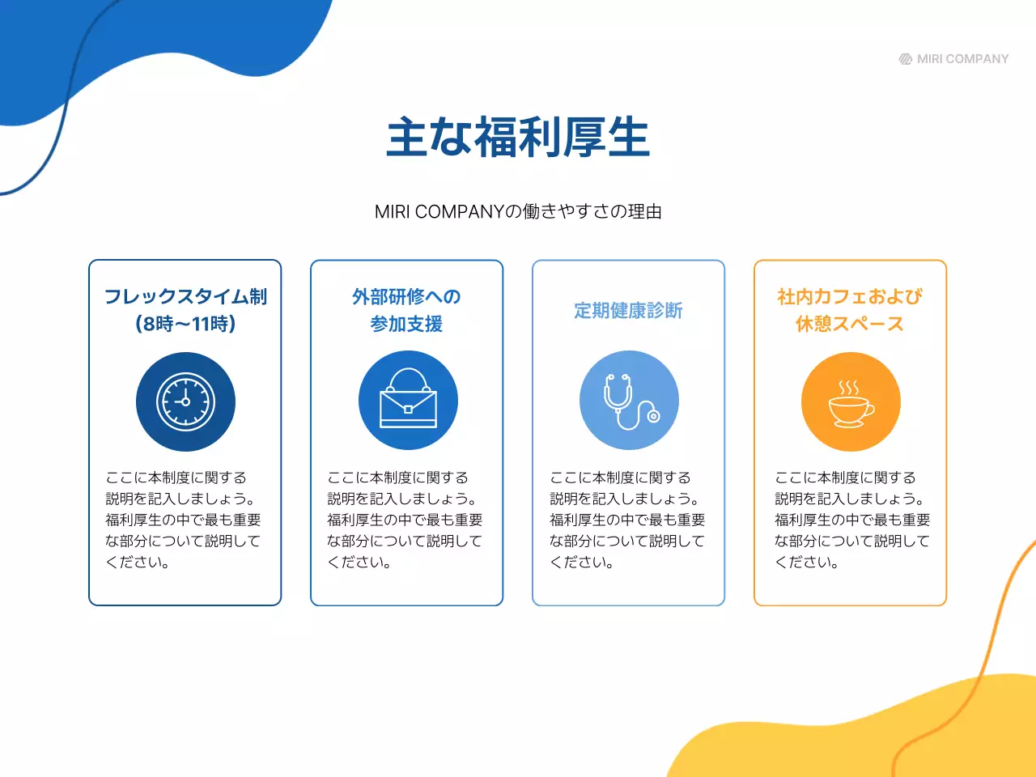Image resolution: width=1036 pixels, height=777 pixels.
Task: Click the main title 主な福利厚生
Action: (x=518, y=138)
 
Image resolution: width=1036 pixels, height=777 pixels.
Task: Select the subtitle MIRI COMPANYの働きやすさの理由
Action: (x=518, y=211)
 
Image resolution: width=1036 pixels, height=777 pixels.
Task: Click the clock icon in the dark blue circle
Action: (x=185, y=401)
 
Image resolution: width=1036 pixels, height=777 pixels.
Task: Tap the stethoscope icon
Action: (x=629, y=401)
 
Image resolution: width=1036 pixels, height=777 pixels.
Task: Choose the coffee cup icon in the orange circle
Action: (x=850, y=405)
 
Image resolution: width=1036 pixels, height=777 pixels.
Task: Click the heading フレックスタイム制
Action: (x=185, y=296)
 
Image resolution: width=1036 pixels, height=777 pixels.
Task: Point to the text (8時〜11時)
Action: (x=185, y=324)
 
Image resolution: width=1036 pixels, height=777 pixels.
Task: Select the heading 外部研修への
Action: (x=406, y=296)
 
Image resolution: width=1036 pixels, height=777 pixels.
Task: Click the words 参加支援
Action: (x=406, y=324)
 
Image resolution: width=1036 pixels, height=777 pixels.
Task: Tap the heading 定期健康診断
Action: (x=628, y=310)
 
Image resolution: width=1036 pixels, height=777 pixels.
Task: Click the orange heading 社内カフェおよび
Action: (x=850, y=296)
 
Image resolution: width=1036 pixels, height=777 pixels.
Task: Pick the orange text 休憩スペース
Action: (x=850, y=324)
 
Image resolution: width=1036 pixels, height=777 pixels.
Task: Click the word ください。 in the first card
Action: (x=138, y=562)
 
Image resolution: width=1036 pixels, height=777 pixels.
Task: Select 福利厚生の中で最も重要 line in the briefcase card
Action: (x=405, y=520)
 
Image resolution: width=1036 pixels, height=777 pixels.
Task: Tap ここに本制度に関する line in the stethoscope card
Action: (x=620, y=478)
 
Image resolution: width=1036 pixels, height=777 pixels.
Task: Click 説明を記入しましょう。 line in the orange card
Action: (x=849, y=499)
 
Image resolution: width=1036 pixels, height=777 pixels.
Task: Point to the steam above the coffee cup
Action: (x=849, y=387)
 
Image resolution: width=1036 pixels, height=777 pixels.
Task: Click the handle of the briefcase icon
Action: (x=408, y=377)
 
